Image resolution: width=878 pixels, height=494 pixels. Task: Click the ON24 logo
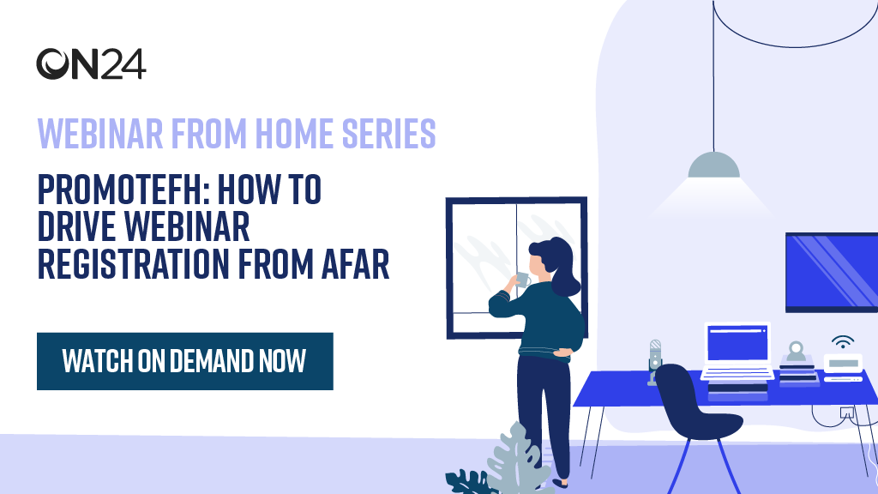pos(91,63)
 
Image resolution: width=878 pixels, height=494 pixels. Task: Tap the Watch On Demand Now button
pos(185,361)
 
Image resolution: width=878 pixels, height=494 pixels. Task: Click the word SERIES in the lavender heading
pos(388,133)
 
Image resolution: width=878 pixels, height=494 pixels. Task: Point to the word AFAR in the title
pos(356,264)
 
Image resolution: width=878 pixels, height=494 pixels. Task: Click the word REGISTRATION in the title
pos(133,264)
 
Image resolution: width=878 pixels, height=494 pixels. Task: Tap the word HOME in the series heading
pos(295,133)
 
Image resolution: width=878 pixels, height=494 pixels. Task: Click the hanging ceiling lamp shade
pos(714,166)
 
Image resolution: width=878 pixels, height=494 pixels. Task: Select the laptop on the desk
pos(737,350)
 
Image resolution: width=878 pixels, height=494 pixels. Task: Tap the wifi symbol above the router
pos(843,341)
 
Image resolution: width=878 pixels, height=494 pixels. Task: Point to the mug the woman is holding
pos(522,279)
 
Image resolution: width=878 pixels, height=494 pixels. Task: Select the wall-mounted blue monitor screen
pos(832,272)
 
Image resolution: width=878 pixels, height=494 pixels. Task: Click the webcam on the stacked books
pos(796,352)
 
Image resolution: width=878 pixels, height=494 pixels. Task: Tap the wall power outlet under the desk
pos(847,413)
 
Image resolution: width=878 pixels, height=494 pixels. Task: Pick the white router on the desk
pos(844,364)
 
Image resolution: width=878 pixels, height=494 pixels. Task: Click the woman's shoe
pos(560,483)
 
